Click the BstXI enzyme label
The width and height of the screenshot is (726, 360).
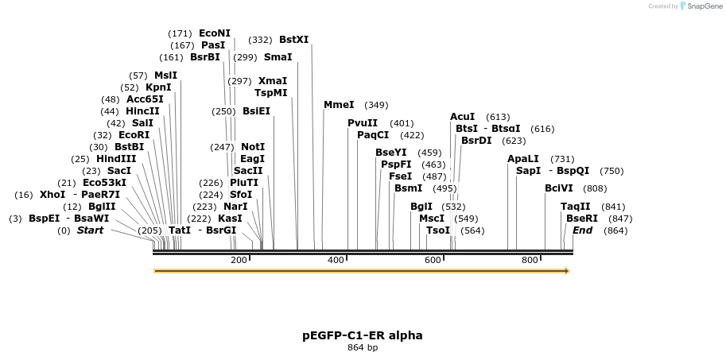point(293,39)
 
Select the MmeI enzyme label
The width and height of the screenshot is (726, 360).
point(339,105)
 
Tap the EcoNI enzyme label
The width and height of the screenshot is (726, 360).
point(215,33)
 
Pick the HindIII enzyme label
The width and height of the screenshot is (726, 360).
point(116,159)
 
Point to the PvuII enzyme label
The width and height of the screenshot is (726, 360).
point(363,123)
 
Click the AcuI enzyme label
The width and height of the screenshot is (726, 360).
point(462,117)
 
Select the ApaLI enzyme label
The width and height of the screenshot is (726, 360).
point(523,159)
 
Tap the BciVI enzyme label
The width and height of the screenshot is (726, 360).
point(558,188)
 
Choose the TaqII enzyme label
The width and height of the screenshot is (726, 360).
point(575,207)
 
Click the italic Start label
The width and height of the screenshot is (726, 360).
point(90,230)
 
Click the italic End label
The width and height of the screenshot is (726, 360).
point(582,230)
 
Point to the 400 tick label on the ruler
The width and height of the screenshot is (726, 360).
point(336,260)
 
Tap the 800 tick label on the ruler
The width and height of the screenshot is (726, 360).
point(530,260)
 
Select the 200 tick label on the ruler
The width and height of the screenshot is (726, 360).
point(239,260)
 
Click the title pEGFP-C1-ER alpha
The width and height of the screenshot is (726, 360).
point(363,335)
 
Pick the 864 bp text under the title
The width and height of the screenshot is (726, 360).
point(363,348)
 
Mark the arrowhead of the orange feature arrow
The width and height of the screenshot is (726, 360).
point(566,271)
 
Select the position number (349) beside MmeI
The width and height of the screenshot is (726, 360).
point(376,105)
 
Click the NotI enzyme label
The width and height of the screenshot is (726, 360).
point(253,147)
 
